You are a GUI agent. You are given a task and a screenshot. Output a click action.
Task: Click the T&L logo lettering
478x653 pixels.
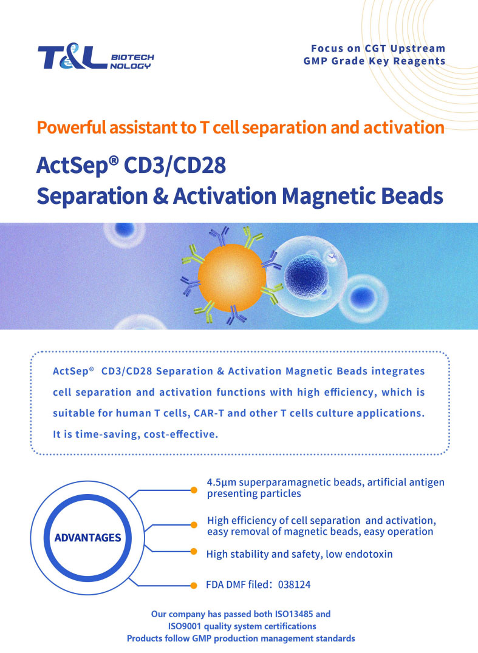tap(72, 56)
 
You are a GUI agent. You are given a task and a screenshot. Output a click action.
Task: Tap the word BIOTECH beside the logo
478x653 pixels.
tap(132, 57)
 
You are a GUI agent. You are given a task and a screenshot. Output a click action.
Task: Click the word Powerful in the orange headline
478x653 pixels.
tap(71, 127)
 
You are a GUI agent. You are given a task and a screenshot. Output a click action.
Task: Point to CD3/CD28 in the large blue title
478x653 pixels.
tap(175, 165)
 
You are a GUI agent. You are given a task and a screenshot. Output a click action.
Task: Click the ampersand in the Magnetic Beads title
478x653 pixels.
tap(160, 196)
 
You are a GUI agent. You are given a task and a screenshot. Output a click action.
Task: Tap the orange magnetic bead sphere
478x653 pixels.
tap(231, 278)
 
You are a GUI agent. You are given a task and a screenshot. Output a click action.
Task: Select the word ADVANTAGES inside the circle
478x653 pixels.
tap(87, 538)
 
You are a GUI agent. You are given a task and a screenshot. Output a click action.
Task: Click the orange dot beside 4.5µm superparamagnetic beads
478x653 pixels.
tap(194, 490)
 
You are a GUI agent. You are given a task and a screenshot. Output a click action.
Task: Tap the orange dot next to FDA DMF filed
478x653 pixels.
tap(193, 586)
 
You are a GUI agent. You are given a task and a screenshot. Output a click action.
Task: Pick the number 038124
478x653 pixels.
tap(294, 584)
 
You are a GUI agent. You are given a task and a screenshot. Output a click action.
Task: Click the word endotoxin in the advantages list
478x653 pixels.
tap(369, 554)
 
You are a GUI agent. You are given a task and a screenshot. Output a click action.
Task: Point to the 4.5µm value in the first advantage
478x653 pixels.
tap(222, 482)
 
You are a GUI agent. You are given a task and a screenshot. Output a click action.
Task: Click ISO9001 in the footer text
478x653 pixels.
tap(184, 626)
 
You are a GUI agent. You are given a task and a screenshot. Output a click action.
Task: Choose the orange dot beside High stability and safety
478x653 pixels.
tap(193, 552)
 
